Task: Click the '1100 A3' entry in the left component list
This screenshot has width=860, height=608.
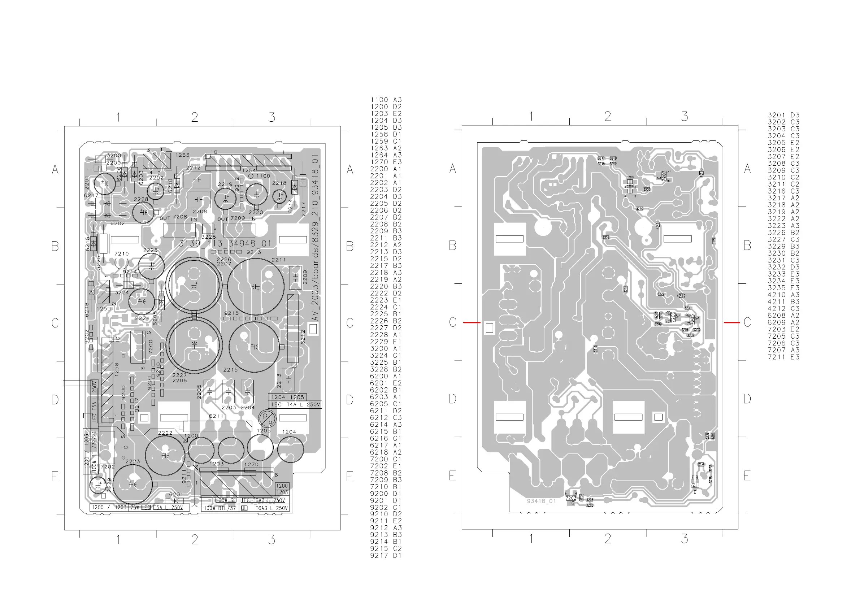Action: (x=386, y=100)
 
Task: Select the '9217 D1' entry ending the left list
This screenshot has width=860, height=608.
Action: (x=386, y=556)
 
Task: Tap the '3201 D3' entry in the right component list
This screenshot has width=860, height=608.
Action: (x=783, y=116)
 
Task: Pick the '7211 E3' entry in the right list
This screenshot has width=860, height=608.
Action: (x=783, y=357)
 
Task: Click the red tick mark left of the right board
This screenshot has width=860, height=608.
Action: (x=472, y=322)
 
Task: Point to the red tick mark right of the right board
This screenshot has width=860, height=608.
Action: (x=731, y=322)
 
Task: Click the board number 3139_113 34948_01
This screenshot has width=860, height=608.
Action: (x=225, y=243)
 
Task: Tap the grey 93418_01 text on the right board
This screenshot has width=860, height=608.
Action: (x=541, y=501)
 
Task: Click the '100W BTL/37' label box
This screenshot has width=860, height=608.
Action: (x=220, y=508)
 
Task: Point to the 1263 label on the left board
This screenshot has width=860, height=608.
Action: (x=182, y=155)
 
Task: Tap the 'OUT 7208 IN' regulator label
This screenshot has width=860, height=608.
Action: (x=178, y=217)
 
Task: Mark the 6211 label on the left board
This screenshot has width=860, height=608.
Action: (x=216, y=416)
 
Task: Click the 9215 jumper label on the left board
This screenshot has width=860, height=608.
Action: (x=231, y=313)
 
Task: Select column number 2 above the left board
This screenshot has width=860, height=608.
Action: (x=194, y=117)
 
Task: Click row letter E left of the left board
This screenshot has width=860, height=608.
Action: (x=55, y=477)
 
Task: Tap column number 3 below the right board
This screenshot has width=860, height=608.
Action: (x=684, y=539)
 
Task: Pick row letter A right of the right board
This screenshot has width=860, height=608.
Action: (x=747, y=169)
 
